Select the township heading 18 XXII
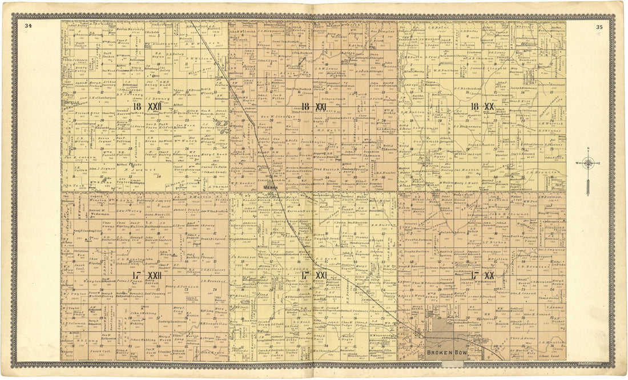[x=147, y=107]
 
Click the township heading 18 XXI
[x=313, y=107]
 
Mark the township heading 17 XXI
[x=313, y=276]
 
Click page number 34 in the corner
[x=28, y=26]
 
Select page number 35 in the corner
[x=599, y=26]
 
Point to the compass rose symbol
[x=589, y=164]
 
